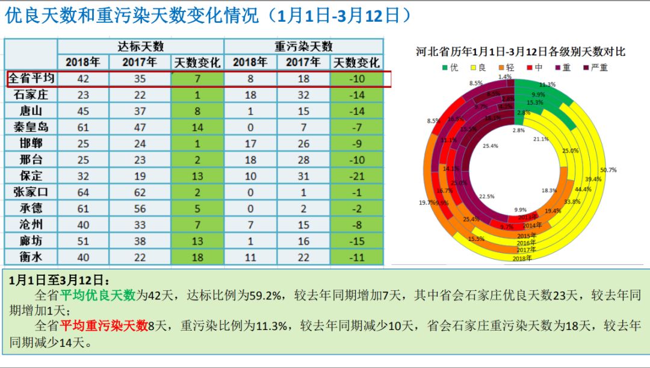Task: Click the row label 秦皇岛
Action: pos(31,127)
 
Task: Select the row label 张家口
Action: pos(31,192)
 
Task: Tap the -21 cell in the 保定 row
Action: pos(357,176)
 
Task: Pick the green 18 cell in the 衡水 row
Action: pos(197,257)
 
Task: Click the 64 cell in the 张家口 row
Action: pos(83,192)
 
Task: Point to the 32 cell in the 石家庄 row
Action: pos(303,95)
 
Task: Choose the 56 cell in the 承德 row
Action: pos(140,208)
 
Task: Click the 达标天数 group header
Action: pos(141,46)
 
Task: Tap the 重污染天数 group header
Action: pos(303,46)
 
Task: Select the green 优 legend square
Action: pos(445,67)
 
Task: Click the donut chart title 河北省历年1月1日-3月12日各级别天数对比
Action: pos(521,52)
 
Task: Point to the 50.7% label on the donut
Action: pos(608,170)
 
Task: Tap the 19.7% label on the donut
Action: pos(426,202)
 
